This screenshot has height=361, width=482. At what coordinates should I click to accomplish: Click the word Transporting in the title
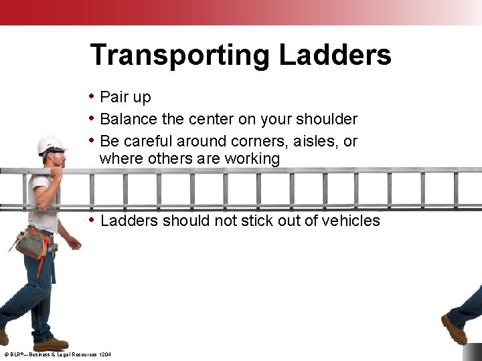pos(181,55)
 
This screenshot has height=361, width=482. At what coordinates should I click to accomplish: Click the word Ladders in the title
pos(335,54)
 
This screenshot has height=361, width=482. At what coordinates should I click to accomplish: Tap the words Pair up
pos(125,98)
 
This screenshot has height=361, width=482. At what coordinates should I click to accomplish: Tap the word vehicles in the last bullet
pos(346,221)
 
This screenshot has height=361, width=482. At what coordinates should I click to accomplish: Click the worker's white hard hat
pos(51,145)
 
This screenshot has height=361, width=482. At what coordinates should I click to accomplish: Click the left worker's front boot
pos(50,345)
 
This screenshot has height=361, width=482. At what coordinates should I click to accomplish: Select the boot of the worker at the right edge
pos(454,328)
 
